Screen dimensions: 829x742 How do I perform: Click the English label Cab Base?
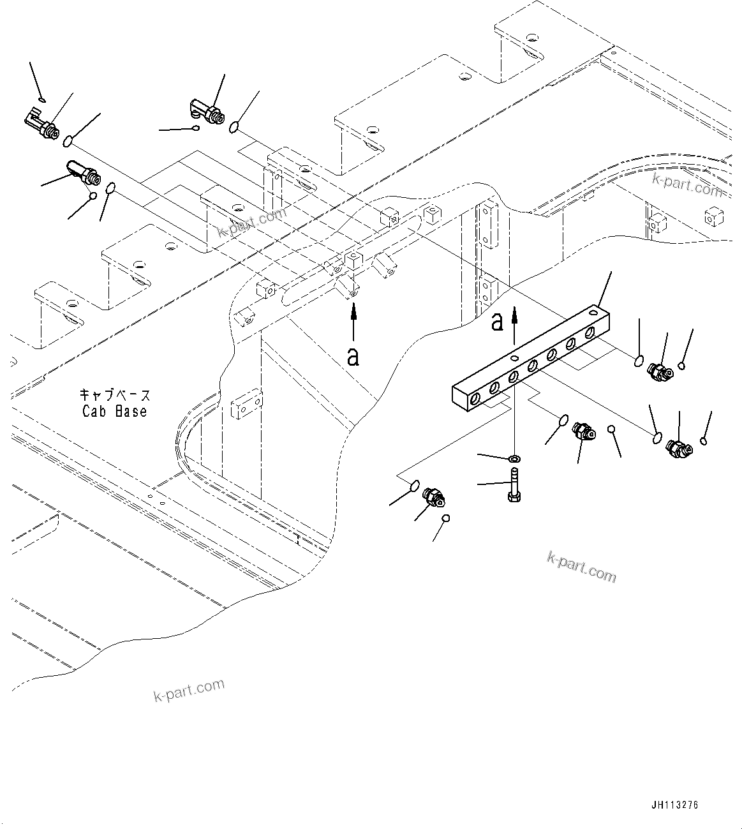(x=115, y=412)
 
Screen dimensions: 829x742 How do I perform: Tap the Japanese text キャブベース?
(x=115, y=395)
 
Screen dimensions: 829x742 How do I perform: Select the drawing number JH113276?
(x=674, y=805)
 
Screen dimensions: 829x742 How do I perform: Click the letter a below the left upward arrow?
(x=353, y=356)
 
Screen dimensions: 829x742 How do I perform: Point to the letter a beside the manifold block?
(x=497, y=322)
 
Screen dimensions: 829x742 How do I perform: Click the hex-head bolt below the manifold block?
(x=515, y=486)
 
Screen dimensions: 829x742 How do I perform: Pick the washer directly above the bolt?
(x=515, y=458)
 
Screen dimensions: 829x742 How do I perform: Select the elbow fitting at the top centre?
(x=207, y=110)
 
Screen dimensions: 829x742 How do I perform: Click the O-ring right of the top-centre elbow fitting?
(x=235, y=128)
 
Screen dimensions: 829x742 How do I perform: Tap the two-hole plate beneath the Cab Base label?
(x=246, y=405)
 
